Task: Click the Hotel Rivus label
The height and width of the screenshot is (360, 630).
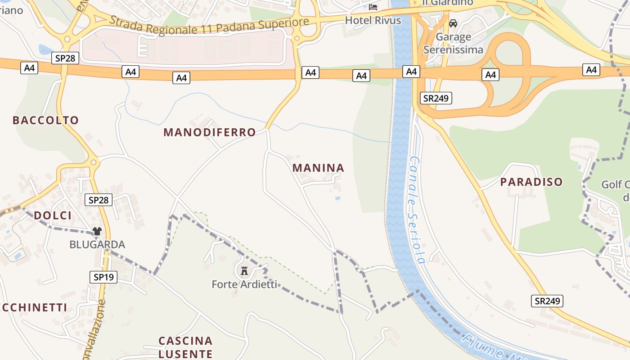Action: (373, 20)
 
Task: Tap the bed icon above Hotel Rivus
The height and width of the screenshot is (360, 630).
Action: (373, 7)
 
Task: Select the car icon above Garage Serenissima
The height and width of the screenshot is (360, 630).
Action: (453, 23)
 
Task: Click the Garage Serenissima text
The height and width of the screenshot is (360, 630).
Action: (453, 43)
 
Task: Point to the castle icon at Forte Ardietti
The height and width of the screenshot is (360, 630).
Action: (244, 270)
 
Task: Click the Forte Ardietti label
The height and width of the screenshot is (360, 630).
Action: (244, 284)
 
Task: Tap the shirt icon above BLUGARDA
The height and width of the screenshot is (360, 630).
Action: (97, 231)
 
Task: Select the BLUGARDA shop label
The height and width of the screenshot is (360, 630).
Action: (97, 245)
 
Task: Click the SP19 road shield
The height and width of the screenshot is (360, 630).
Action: (104, 277)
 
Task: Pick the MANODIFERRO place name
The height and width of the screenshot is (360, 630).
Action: (210, 132)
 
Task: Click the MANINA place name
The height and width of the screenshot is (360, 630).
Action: (318, 168)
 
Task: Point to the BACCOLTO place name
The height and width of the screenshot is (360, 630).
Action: (45, 120)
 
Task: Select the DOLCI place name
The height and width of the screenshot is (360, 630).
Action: (53, 216)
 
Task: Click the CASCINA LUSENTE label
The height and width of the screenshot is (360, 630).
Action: (185, 347)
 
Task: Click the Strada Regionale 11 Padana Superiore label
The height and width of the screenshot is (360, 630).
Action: (209, 25)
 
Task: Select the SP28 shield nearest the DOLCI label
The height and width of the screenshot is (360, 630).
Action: (99, 200)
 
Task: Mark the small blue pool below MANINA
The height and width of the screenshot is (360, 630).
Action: (337, 198)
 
